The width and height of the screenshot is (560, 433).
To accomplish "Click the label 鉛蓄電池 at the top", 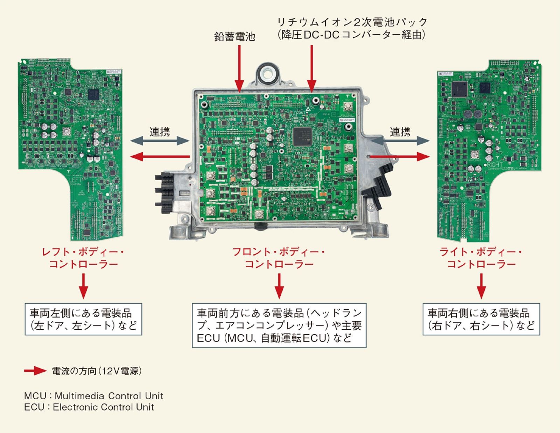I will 235,36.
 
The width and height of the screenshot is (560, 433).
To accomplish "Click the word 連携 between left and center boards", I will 160,132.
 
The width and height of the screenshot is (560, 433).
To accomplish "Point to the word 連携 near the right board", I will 400,132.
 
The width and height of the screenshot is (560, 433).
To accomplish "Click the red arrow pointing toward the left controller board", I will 160,157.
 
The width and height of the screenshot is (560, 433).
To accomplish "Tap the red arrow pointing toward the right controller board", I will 400,157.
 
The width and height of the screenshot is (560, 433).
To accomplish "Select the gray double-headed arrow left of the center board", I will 160,141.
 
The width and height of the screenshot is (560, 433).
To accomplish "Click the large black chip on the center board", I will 302,136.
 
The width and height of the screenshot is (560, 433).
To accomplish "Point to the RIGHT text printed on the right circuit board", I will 495,164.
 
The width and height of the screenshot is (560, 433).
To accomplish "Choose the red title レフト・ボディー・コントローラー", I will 83,258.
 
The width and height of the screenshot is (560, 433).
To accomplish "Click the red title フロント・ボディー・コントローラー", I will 279,258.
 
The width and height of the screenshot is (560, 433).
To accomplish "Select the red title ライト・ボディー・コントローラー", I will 481,258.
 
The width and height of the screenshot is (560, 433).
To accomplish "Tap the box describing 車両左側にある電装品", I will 83,319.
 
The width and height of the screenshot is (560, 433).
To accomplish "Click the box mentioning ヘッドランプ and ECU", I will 279,325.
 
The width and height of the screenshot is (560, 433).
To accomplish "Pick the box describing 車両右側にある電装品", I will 481,319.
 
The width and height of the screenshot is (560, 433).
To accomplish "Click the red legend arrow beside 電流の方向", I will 35,371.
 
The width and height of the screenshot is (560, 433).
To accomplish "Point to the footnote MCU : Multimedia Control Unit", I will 94,396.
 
